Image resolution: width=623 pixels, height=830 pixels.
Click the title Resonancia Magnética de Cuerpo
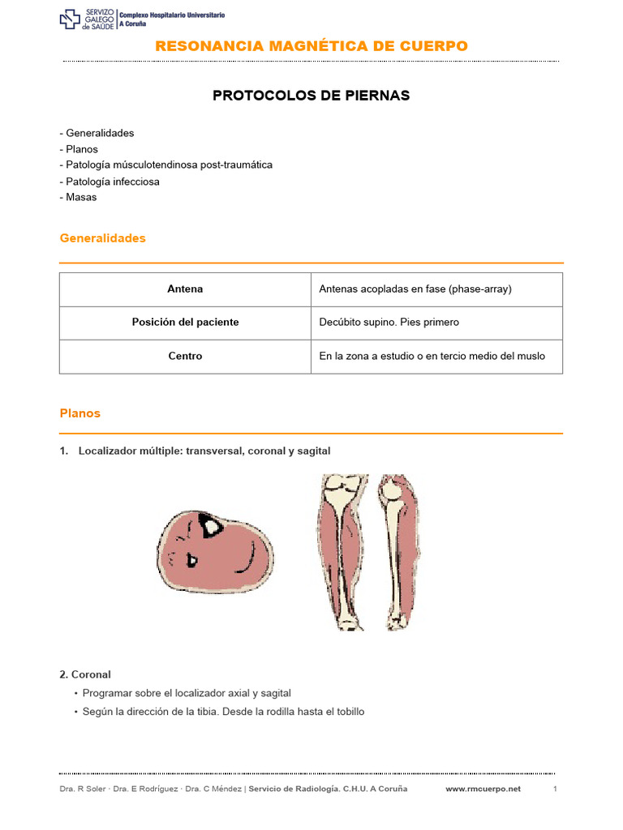click(311, 46)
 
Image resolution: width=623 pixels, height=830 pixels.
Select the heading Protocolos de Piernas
click(311, 96)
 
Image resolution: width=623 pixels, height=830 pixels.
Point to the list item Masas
click(80, 197)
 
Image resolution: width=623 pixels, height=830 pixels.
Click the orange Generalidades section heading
click(103, 238)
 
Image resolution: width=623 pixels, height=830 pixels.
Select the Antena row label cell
click(185, 289)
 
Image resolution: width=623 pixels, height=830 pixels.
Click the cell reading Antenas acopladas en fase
click(415, 289)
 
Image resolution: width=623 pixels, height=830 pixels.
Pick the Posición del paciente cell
click(185, 323)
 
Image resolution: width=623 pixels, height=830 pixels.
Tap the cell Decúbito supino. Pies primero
click(389, 323)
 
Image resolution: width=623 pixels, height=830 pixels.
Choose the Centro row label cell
click(185, 356)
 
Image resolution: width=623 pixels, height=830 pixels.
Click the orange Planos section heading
click(80, 413)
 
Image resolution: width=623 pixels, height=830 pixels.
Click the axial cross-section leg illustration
click(215, 551)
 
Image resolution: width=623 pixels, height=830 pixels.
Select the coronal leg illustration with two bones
click(343, 551)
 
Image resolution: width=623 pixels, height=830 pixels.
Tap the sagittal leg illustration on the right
click(400, 551)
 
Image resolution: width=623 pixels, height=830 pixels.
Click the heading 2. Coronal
click(85, 674)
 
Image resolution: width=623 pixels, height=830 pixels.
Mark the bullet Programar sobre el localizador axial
click(186, 693)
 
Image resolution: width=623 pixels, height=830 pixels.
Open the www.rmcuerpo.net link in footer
click(483, 789)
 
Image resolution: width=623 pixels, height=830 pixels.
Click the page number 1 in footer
click(555, 789)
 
